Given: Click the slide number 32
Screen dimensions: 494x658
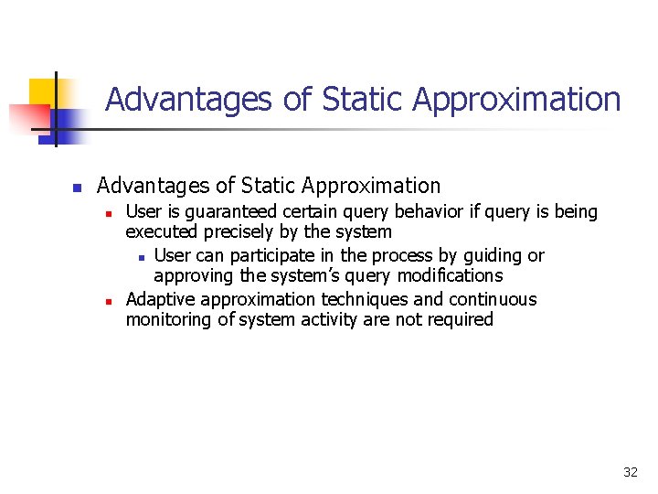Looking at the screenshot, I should (x=630, y=472).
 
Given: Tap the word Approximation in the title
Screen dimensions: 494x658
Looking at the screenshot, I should (x=517, y=99).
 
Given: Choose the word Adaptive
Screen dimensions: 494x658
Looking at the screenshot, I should (x=161, y=299).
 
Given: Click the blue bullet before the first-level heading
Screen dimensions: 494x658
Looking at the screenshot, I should (x=78, y=188).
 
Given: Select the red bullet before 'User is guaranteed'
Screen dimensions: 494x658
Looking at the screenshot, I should (x=108, y=214).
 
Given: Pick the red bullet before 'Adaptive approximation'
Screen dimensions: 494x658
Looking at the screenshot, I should (x=108, y=301).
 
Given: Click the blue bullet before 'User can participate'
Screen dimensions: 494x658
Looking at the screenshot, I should (x=141, y=257).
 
